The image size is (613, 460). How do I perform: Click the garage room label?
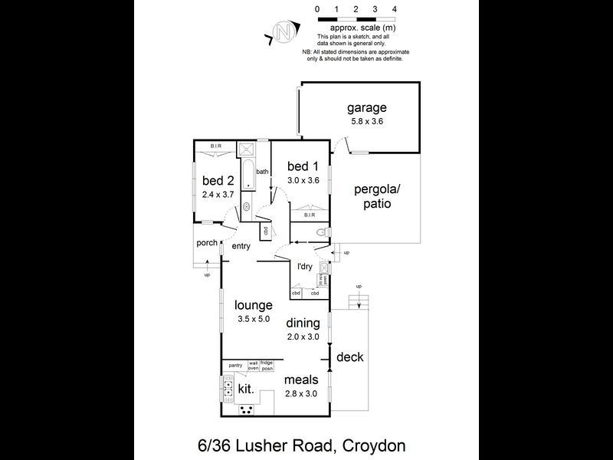pyautogui.click(x=366, y=108)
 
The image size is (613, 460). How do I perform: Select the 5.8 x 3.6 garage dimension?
pyautogui.click(x=366, y=121)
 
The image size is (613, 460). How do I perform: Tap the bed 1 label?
pyautogui.click(x=303, y=166)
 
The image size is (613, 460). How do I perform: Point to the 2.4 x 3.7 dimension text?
pyautogui.click(x=218, y=195)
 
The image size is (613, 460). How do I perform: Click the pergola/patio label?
pyautogui.click(x=373, y=197)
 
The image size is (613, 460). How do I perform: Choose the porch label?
pyautogui.click(x=207, y=244)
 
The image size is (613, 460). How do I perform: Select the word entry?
pyautogui.click(x=241, y=246)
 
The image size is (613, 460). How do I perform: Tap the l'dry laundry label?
pyautogui.click(x=304, y=267)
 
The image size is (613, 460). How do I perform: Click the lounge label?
pyautogui.click(x=253, y=305)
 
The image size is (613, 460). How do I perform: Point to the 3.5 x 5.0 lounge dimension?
pyautogui.click(x=253, y=319)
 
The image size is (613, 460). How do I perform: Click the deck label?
pyautogui.click(x=349, y=357)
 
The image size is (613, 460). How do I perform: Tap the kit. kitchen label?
pyautogui.click(x=245, y=389)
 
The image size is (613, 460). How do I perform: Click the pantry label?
pyautogui.click(x=234, y=364)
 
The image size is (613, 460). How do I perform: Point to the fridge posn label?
pyautogui.click(x=267, y=365)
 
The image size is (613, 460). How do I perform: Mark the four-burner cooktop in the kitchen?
pyautogui.click(x=247, y=409)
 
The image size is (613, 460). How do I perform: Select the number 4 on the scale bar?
pyautogui.click(x=394, y=8)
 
